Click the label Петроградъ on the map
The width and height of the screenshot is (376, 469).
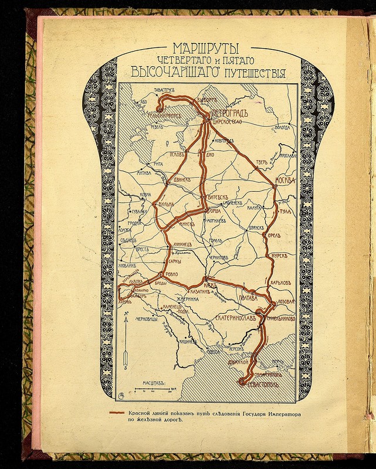pos(231,113)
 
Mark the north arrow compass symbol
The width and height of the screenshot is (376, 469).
pos(127,341)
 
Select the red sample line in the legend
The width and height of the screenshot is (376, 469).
pos(121,413)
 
